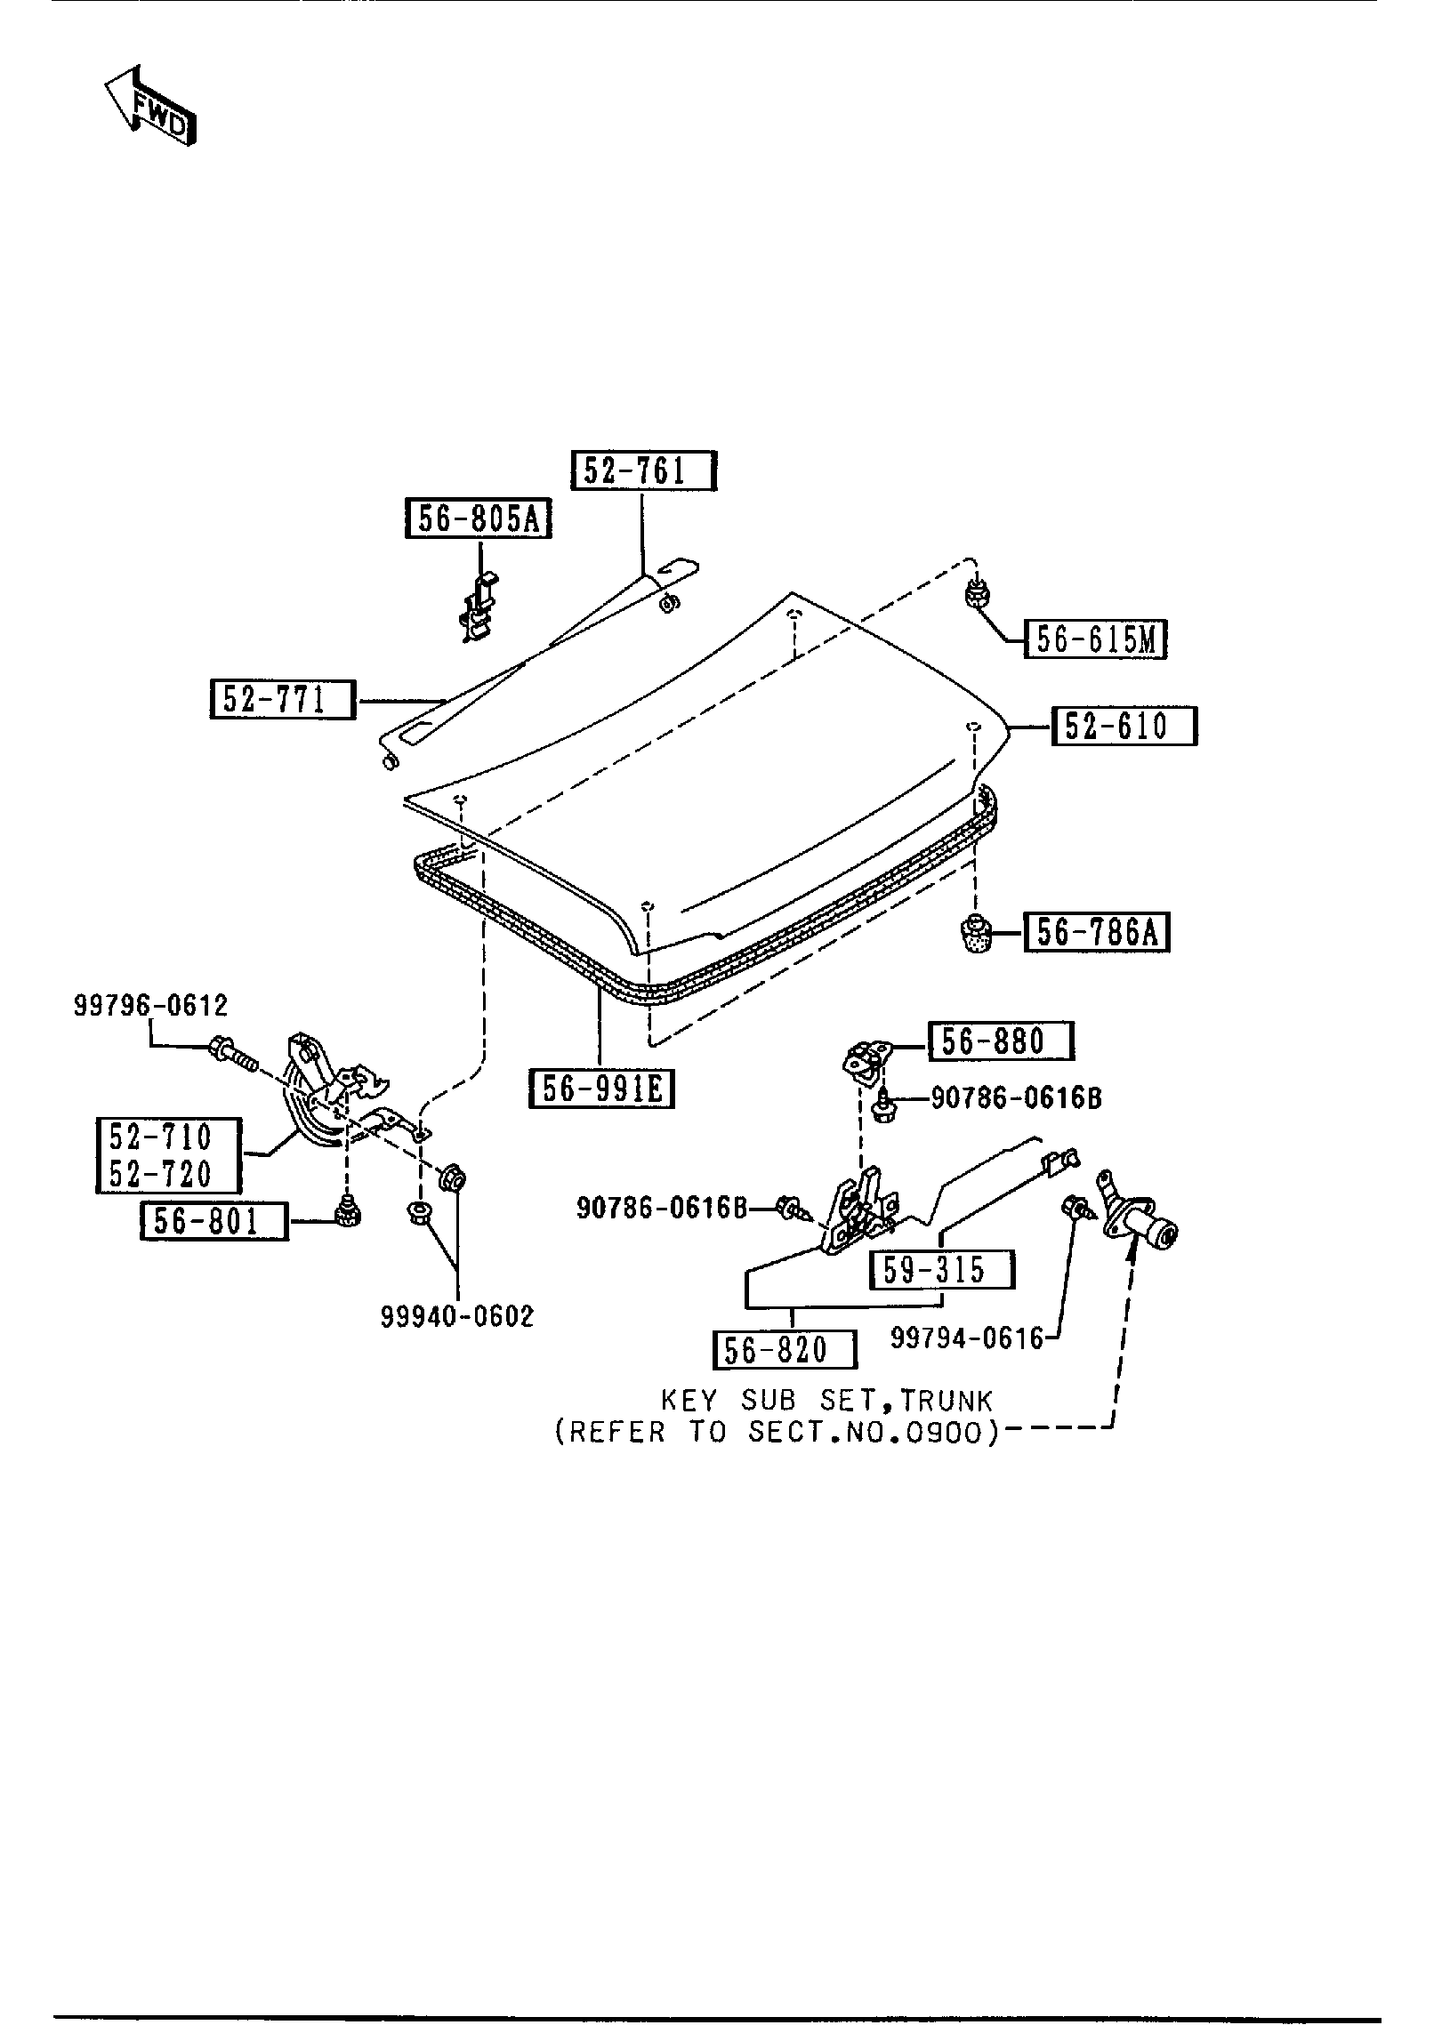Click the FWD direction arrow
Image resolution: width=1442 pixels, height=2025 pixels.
pos(149,106)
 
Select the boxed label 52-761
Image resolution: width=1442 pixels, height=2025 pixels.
pos(643,470)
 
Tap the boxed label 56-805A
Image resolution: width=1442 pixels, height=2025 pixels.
pos(479,518)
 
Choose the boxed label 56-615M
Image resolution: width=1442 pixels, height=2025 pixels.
pos(1095,639)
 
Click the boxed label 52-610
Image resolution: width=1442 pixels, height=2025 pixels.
pos(1124,726)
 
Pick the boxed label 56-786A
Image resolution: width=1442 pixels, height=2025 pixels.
pos(1096,933)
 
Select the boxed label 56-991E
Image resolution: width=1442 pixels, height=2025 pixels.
pos(601,1089)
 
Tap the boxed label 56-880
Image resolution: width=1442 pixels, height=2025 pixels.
pos(1001,1041)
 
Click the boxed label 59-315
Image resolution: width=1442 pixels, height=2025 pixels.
pos(942,1269)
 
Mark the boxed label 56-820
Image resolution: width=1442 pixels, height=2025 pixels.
pos(784,1350)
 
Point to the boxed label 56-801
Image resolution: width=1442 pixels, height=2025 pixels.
pos(214,1221)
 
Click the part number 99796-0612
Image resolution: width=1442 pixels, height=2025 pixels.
pos(150,1006)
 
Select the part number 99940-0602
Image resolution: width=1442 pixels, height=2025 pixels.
pos(457,1317)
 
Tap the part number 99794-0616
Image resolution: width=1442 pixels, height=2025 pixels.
pos(967,1338)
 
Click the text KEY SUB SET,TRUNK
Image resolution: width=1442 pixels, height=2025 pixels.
pos(826,1402)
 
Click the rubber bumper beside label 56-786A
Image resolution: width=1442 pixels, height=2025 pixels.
pos(978,935)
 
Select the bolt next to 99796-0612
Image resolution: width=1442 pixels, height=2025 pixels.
pos(230,1055)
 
